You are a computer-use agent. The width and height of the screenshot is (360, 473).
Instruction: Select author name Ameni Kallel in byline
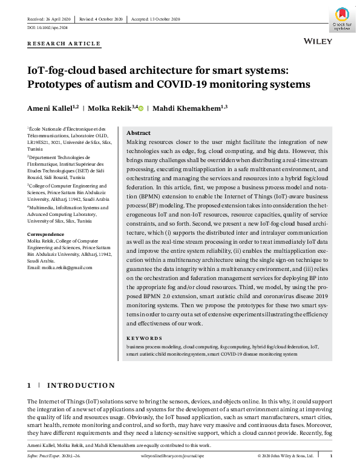tap(50, 109)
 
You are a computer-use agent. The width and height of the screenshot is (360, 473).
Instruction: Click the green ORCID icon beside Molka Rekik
tap(141, 109)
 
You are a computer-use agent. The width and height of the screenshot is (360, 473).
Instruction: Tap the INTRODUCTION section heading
tap(80, 385)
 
